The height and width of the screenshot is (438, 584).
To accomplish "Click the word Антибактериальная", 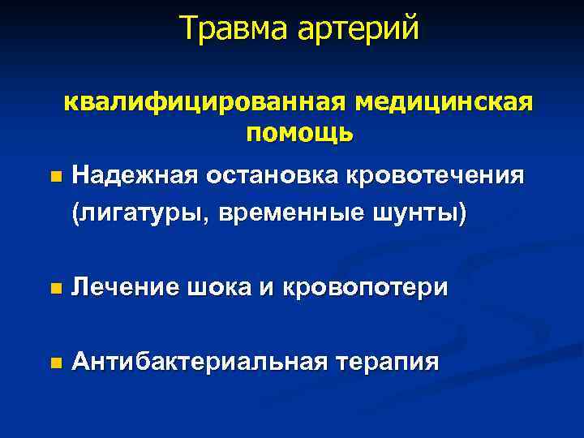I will (x=197, y=361).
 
